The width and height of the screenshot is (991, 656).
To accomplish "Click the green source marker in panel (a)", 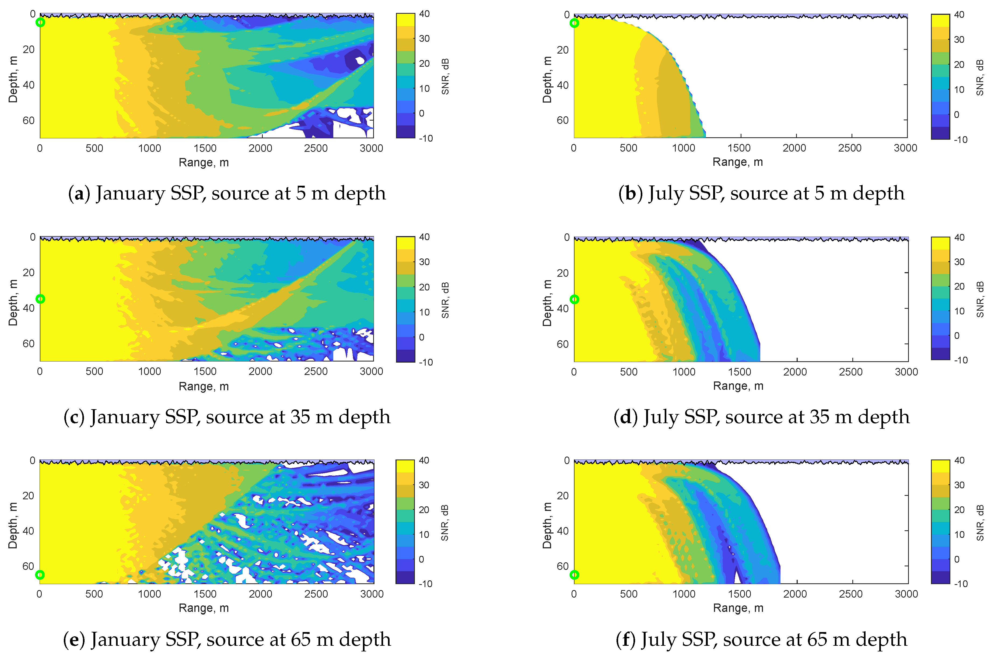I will [40, 22].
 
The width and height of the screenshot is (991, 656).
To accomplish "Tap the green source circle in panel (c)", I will [40, 299].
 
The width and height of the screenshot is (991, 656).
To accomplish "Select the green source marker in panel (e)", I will [40, 575].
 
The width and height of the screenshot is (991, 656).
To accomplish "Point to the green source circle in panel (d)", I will [574, 299].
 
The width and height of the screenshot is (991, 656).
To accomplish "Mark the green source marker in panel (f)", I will [574, 575].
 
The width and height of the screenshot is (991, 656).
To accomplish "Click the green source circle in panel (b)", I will [574, 23].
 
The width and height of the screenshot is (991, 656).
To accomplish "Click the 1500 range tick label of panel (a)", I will [205, 148].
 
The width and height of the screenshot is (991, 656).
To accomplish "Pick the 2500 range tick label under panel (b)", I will [850, 148].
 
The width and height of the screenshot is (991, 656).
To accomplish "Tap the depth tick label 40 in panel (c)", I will [29, 308].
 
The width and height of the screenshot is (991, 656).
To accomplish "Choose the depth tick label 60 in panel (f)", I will [563, 566].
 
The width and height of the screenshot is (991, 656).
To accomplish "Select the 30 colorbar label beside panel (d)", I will [959, 262].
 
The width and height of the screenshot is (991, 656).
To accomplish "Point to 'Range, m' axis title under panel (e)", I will [204, 608].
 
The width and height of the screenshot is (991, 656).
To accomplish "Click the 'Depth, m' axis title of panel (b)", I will [547, 79].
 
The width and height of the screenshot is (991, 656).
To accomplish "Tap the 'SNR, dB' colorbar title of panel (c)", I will [445, 300].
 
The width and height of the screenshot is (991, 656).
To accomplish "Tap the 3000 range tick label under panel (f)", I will [906, 594].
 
